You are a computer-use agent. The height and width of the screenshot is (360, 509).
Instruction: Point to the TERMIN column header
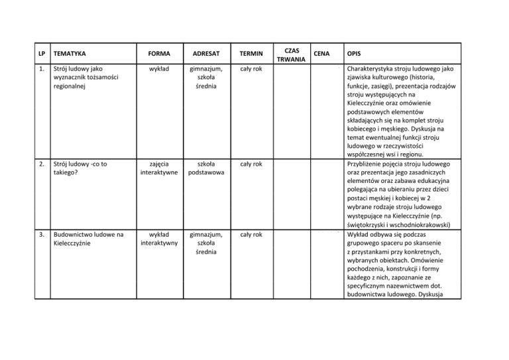point(251,53)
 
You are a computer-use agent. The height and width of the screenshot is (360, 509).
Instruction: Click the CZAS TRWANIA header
point(291,53)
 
